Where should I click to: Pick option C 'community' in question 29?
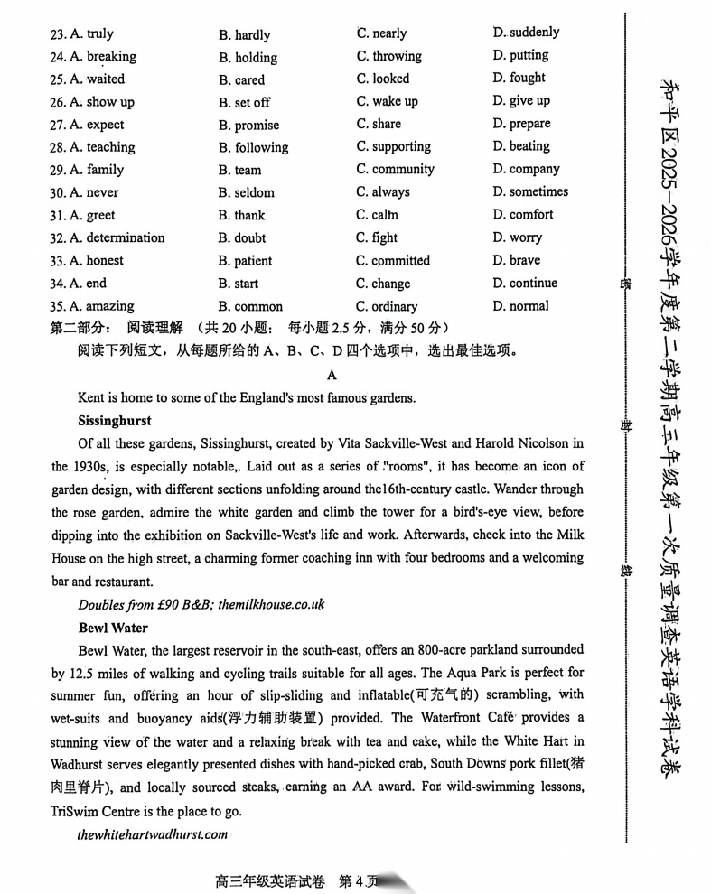(395, 169)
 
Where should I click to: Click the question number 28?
(58, 147)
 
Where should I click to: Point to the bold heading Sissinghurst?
(115, 421)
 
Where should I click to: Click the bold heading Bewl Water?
(113, 628)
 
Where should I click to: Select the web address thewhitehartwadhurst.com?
(153, 834)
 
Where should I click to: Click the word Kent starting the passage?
(92, 397)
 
